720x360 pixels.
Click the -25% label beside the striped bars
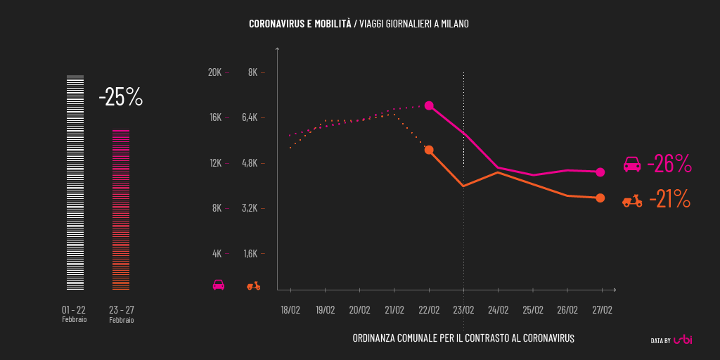[121, 97]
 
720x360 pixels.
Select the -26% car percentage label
[669, 164]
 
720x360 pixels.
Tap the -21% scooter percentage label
[669, 200]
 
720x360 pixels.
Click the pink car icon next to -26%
[632, 165]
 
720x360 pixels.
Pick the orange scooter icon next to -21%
[632, 201]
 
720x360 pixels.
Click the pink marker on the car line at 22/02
[429, 105]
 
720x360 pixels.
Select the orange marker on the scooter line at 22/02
[429, 150]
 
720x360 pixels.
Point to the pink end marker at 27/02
[600, 172]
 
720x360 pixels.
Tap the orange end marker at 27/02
[600, 198]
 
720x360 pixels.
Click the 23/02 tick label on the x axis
[463, 310]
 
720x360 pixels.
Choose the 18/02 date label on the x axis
[290, 310]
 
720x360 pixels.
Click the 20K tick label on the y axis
[214, 72]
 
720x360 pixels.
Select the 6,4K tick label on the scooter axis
[250, 117]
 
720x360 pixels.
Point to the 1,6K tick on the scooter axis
[250, 254]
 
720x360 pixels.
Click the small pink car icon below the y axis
[219, 285]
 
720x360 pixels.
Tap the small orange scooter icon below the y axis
[253, 285]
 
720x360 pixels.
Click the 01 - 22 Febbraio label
[74, 314]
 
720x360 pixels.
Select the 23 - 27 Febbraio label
[122, 314]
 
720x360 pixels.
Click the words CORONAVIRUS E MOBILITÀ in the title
[300, 24]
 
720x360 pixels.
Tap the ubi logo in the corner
[683, 340]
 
